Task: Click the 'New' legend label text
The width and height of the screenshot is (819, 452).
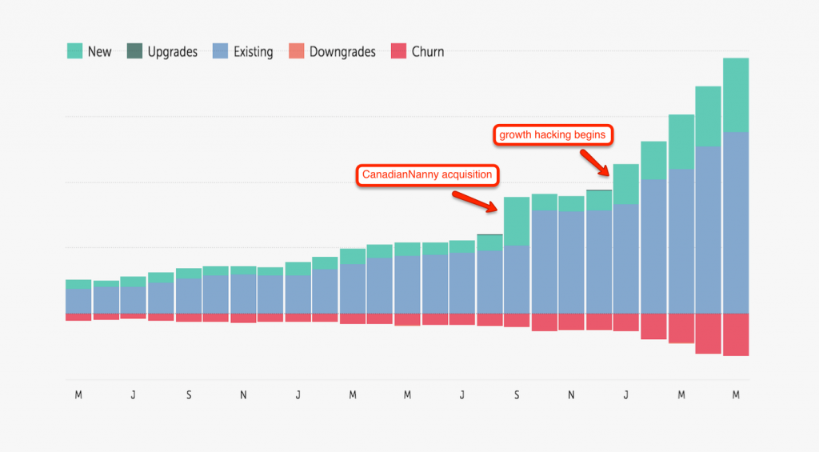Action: click(99, 52)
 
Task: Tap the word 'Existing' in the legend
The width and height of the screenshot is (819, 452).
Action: click(253, 52)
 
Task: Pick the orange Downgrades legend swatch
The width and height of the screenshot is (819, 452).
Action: click(297, 52)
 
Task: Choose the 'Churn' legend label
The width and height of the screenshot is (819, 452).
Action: click(428, 52)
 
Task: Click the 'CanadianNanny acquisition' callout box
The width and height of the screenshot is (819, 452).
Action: click(426, 174)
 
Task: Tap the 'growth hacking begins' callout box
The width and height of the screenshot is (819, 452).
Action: click(551, 135)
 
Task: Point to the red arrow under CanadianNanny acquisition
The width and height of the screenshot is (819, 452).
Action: click(475, 201)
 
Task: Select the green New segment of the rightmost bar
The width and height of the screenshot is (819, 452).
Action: click(736, 94)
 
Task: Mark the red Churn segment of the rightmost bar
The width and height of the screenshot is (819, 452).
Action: click(736, 334)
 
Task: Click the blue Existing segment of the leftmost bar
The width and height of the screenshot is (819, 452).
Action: click(78, 301)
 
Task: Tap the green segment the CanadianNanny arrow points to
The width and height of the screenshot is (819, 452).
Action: click(516, 221)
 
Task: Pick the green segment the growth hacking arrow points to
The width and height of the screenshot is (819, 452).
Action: click(625, 184)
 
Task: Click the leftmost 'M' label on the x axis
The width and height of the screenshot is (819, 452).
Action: click(78, 394)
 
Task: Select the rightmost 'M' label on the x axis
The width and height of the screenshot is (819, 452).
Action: click(736, 394)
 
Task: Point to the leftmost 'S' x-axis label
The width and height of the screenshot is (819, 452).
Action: click(188, 394)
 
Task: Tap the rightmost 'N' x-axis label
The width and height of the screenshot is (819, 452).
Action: click(571, 394)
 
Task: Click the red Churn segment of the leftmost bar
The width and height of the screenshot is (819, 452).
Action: click(78, 317)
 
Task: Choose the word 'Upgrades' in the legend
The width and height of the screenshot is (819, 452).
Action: click(172, 52)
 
